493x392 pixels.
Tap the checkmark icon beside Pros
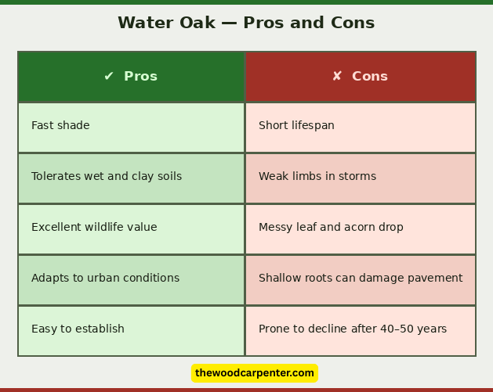109,77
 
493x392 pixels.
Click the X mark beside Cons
337,77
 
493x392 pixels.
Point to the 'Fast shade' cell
60,126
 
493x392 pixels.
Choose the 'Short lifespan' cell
296,126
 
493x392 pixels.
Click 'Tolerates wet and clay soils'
107,177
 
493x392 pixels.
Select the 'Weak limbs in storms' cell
317,177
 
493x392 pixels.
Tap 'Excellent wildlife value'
94,228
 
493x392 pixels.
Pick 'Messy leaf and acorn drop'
331,228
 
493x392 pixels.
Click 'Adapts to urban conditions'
105,279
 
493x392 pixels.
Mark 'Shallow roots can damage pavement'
361,279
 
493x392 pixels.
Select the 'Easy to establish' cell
78,329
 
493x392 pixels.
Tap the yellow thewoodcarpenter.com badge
255,373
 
